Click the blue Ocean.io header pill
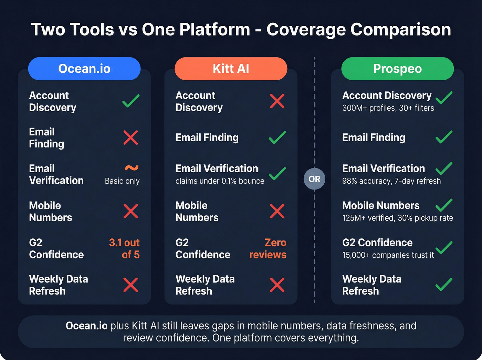(x=84, y=69)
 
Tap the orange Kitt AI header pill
(x=231, y=69)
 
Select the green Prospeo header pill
(x=397, y=69)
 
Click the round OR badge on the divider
(x=314, y=179)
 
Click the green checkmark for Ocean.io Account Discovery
(x=131, y=101)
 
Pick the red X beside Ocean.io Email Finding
(x=131, y=138)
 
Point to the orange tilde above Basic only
(x=132, y=168)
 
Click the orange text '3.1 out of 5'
(x=125, y=249)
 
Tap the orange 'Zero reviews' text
(x=268, y=249)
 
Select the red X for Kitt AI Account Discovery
(x=277, y=101)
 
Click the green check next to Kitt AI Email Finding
(x=277, y=137)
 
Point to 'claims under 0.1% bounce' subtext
(x=220, y=181)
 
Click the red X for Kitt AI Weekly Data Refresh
(x=277, y=285)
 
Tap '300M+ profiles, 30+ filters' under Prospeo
(x=388, y=108)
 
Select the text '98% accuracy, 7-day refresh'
(x=391, y=181)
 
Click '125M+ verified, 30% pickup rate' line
(x=397, y=218)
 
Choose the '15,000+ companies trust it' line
(x=388, y=255)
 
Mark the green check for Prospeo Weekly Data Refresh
(x=444, y=285)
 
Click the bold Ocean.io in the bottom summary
(x=86, y=326)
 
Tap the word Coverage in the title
(x=306, y=30)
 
